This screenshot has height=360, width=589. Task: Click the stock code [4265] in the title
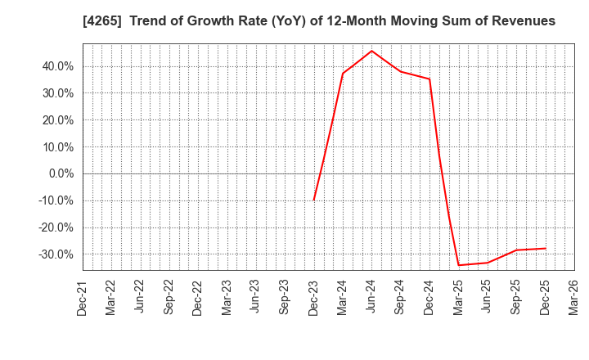[98, 21]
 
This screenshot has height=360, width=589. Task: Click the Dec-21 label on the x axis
[82, 298]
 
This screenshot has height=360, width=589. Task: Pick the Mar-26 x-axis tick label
[574, 298]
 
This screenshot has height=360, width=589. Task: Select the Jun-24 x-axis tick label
[371, 298]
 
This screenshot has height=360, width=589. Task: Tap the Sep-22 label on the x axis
[169, 298]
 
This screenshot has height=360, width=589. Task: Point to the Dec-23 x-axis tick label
[313, 298]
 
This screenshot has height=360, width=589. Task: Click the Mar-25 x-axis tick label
[458, 298]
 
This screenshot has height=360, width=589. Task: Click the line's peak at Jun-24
[371, 51]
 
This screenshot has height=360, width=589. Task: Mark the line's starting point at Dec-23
[313, 200]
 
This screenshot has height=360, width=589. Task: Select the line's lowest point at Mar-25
[458, 265]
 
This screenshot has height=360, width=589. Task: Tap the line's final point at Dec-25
[545, 248]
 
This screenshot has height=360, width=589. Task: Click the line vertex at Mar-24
[343, 74]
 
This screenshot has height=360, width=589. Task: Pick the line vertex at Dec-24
[429, 79]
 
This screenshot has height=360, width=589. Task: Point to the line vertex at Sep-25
[516, 250]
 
